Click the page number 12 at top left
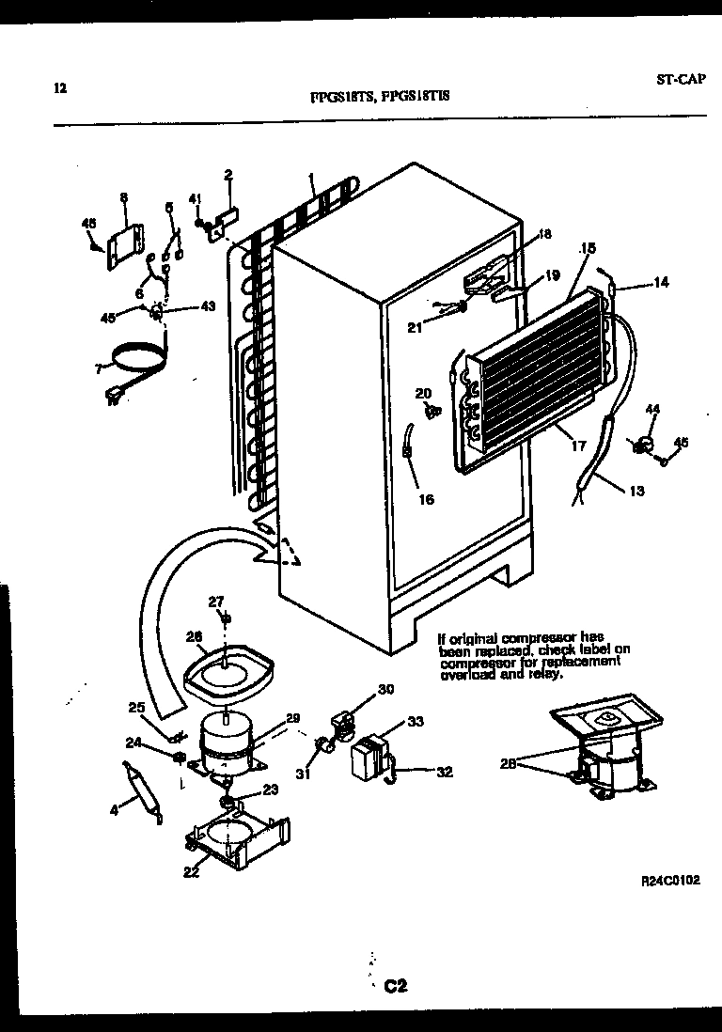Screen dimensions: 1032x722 click(60, 89)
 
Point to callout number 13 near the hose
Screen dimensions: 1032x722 click(636, 490)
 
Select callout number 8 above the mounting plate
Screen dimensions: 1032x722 click(123, 197)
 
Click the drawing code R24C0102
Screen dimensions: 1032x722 click(671, 882)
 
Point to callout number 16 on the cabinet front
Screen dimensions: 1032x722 click(427, 500)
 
